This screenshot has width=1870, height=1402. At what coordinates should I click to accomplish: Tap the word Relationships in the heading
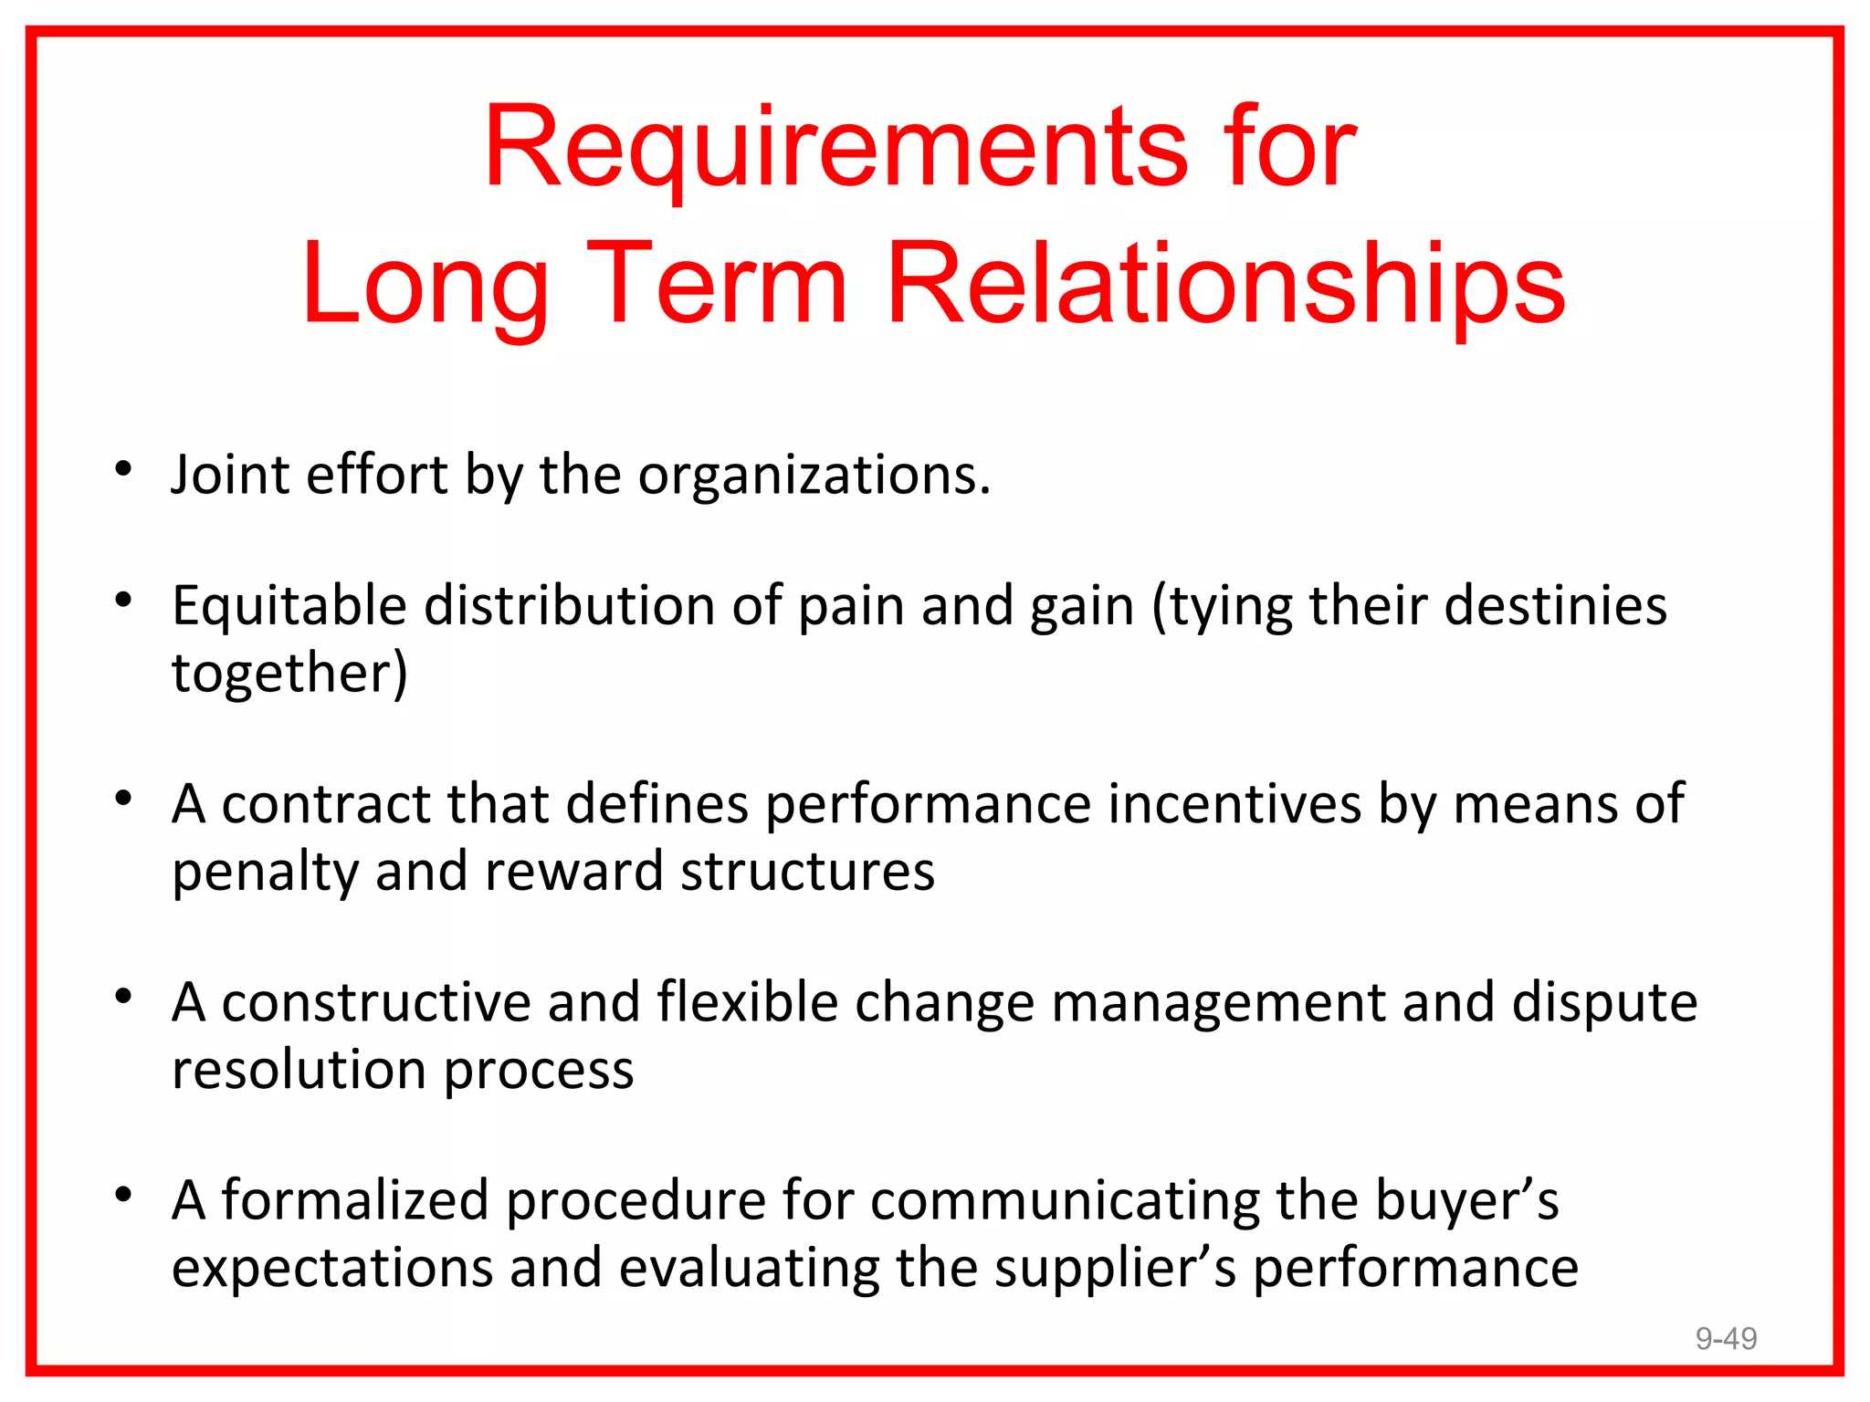(x=1226, y=285)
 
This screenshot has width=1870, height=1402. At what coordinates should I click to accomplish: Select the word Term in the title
(x=717, y=285)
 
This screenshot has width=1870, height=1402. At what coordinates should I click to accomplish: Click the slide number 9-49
(x=1726, y=1338)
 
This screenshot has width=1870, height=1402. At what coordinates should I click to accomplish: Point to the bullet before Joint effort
(x=124, y=471)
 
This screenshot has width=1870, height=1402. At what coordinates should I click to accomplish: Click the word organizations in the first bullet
(x=813, y=476)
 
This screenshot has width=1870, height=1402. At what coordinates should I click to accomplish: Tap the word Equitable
(x=289, y=606)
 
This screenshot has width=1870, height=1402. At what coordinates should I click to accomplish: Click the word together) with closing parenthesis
(x=289, y=674)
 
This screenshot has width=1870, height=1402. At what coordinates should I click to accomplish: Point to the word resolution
(x=299, y=1070)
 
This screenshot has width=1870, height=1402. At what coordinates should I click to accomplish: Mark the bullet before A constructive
(x=124, y=997)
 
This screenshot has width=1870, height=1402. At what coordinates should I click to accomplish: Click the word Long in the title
(x=425, y=285)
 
